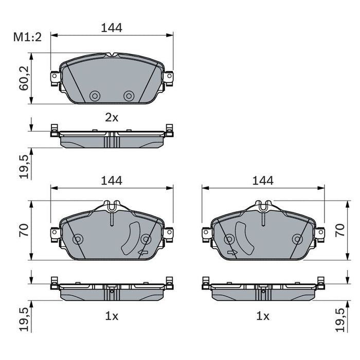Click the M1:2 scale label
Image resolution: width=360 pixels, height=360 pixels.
coord(27,37)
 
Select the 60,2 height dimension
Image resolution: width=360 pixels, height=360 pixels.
coord(24,78)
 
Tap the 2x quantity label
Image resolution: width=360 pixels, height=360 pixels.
coord(112,117)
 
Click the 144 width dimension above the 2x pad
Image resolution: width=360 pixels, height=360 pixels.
coord(112,28)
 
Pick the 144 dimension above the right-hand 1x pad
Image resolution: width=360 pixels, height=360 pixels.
coord(263,181)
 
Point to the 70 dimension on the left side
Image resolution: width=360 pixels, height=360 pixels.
coord(24,230)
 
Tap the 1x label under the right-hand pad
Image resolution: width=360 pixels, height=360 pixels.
coord(263,316)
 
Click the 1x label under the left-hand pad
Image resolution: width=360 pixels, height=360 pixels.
coord(112,316)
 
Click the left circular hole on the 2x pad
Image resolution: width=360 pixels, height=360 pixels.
coord(94,96)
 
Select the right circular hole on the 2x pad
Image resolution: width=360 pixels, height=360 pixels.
coord(129,96)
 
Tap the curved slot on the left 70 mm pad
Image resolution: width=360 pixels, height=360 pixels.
coord(133,238)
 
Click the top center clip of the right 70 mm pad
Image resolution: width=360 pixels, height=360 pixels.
coord(263,207)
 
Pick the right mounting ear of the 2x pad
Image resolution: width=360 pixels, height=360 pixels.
coord(168,77)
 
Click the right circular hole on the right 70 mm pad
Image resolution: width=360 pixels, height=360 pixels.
coord(297,239)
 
